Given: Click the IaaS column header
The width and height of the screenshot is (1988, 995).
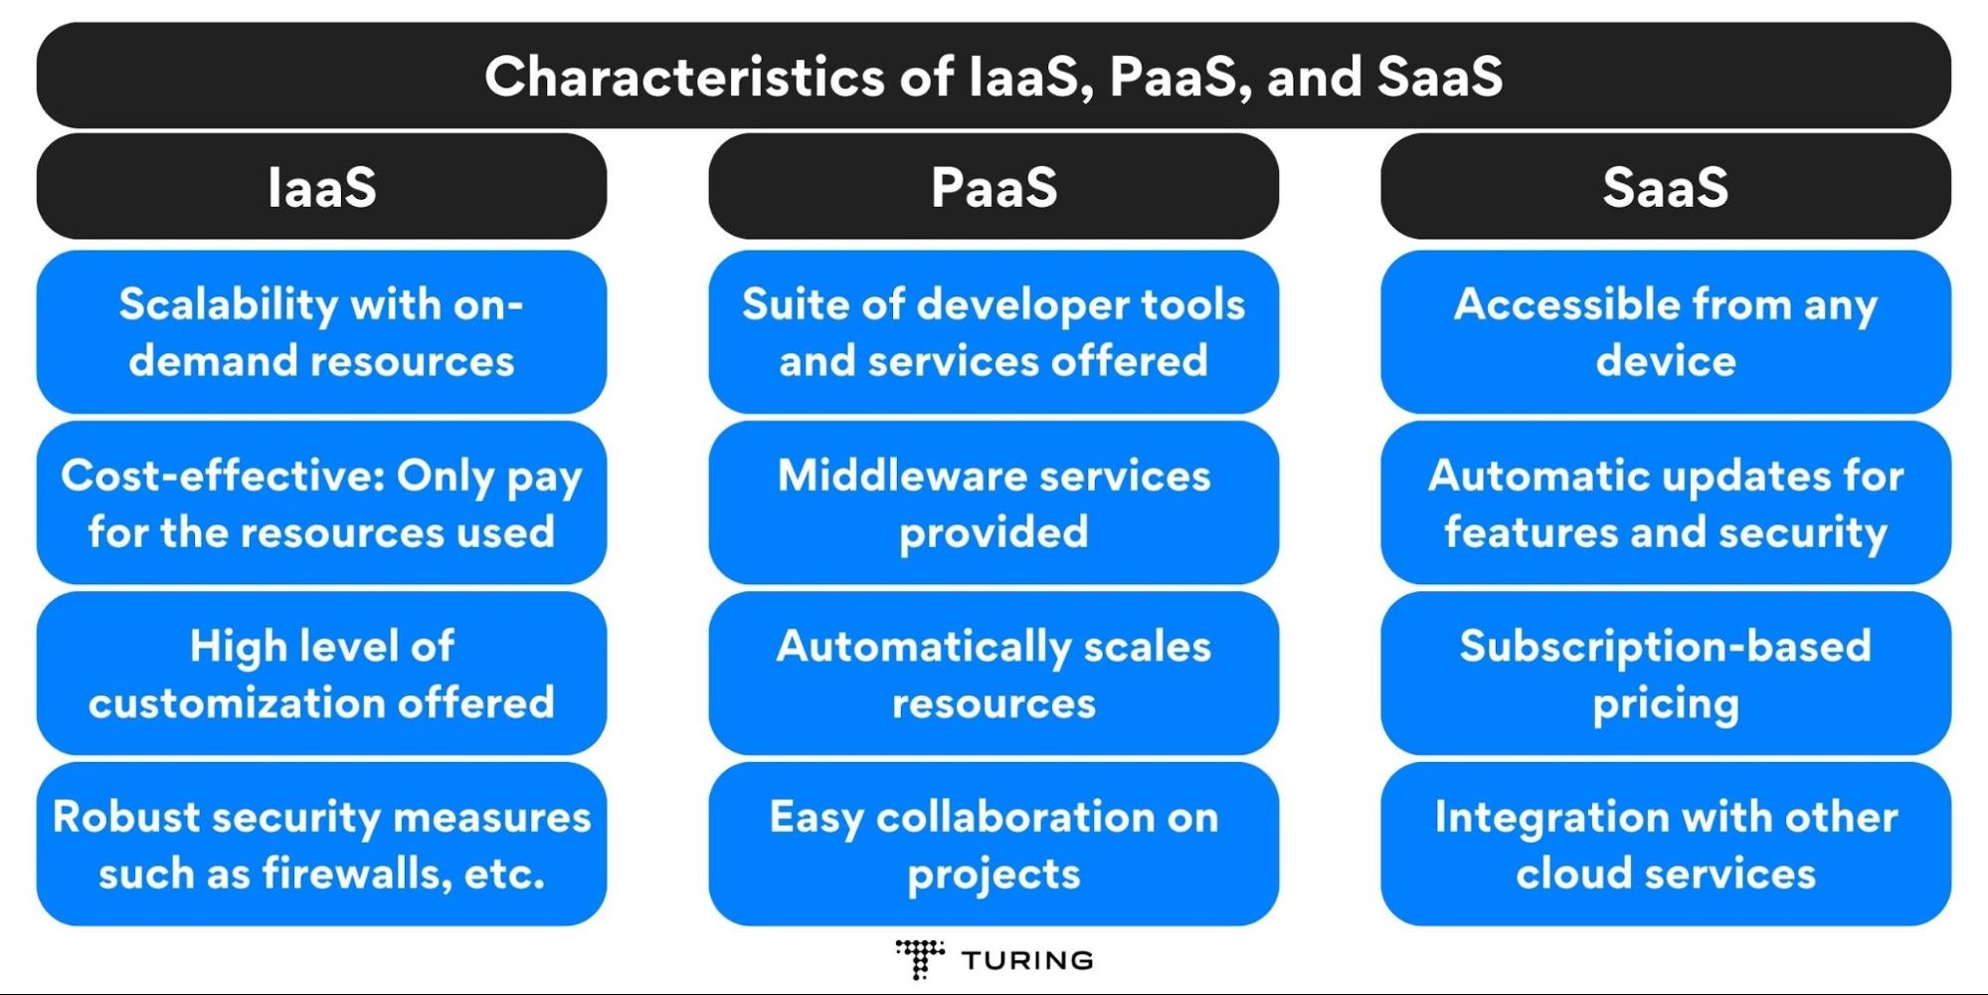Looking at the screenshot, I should (321, 186).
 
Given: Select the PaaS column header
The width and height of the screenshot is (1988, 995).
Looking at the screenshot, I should (994, 186).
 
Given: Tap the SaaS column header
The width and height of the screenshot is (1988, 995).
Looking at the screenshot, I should (1666, 186).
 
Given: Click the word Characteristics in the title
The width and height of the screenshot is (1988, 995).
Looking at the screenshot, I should (684, 77).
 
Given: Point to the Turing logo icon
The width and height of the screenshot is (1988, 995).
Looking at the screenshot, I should (920, 959).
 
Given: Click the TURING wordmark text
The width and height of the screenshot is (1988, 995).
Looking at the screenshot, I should (1027, 960).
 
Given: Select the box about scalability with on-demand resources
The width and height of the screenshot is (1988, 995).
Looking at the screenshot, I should (321, 332).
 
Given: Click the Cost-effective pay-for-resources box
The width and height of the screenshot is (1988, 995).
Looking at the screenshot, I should (321, 502).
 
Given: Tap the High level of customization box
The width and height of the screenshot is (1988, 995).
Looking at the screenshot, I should (321, 674).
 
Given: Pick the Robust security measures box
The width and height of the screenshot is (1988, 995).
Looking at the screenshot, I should (321, 845).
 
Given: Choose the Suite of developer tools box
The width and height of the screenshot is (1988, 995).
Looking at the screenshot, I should (994, 332).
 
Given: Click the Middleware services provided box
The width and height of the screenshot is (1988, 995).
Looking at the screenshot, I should (994, 502).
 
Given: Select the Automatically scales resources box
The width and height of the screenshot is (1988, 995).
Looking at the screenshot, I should (994, 674).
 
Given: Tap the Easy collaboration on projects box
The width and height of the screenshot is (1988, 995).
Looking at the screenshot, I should (994, 845).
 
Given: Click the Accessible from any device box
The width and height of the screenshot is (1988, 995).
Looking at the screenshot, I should (1666, 332).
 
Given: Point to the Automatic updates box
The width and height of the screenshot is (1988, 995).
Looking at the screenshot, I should (1666, 502).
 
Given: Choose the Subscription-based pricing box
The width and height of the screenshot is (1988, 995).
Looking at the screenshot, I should (1666, 674).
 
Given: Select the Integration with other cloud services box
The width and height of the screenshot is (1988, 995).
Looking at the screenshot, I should (1666, 845).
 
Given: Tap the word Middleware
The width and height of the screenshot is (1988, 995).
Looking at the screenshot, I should (889, 476).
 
